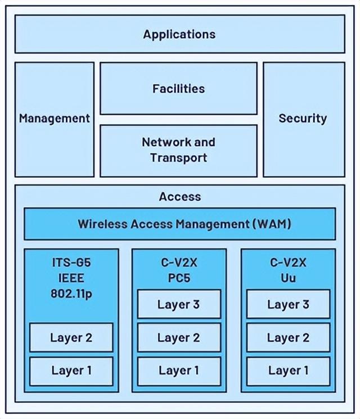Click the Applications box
pos(179,34)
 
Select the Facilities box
pos(178,88)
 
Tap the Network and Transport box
pos(178,150)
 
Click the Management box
pos(54,119)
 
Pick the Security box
pos(303,119)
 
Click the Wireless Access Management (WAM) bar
pos(179,224)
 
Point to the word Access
pos(179,196)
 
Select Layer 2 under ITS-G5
pos(71,337)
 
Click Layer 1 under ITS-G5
pos(71,370)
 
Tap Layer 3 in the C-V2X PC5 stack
pos(179,304)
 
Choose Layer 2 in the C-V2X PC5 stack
pos(179,337)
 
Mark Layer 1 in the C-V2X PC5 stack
pos(179,370)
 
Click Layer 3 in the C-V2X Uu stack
pos(288,304)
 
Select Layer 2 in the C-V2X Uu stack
pos(288,337)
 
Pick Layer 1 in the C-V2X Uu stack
pos(288,370)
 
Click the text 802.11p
pos(71,293)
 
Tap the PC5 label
pos(179,277)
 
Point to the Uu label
pos(288,277)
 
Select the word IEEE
pos(71,277)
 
